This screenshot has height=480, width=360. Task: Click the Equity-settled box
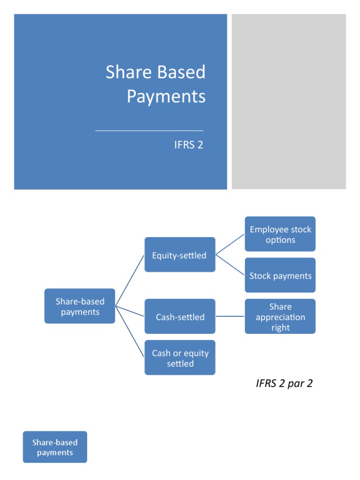(180, 255)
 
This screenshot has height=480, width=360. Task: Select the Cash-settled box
(180, 316)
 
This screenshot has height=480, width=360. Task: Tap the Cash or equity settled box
(180, 358)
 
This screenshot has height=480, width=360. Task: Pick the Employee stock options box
(280, 234)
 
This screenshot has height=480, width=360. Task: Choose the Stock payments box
(280, 275)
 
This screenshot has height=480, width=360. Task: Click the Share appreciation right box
(280, 316)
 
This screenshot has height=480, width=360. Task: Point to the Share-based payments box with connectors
(80, 306)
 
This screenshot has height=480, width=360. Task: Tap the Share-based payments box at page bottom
(55, 447)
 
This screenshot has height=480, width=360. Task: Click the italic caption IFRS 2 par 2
(284, 383)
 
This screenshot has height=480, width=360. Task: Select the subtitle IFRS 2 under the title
(188, 145)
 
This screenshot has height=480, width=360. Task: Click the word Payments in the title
(166, 96)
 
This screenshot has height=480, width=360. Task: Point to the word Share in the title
(122, 72)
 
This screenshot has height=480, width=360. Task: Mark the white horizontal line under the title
(149, 130)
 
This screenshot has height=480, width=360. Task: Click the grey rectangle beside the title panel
(289, 101)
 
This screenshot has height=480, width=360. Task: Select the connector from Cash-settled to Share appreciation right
(230, 316)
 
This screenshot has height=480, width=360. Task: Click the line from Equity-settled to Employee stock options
(230, 245)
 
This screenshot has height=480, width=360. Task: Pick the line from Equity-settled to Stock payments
(230, 265)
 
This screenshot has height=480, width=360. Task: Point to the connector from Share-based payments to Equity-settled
(130, 280)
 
